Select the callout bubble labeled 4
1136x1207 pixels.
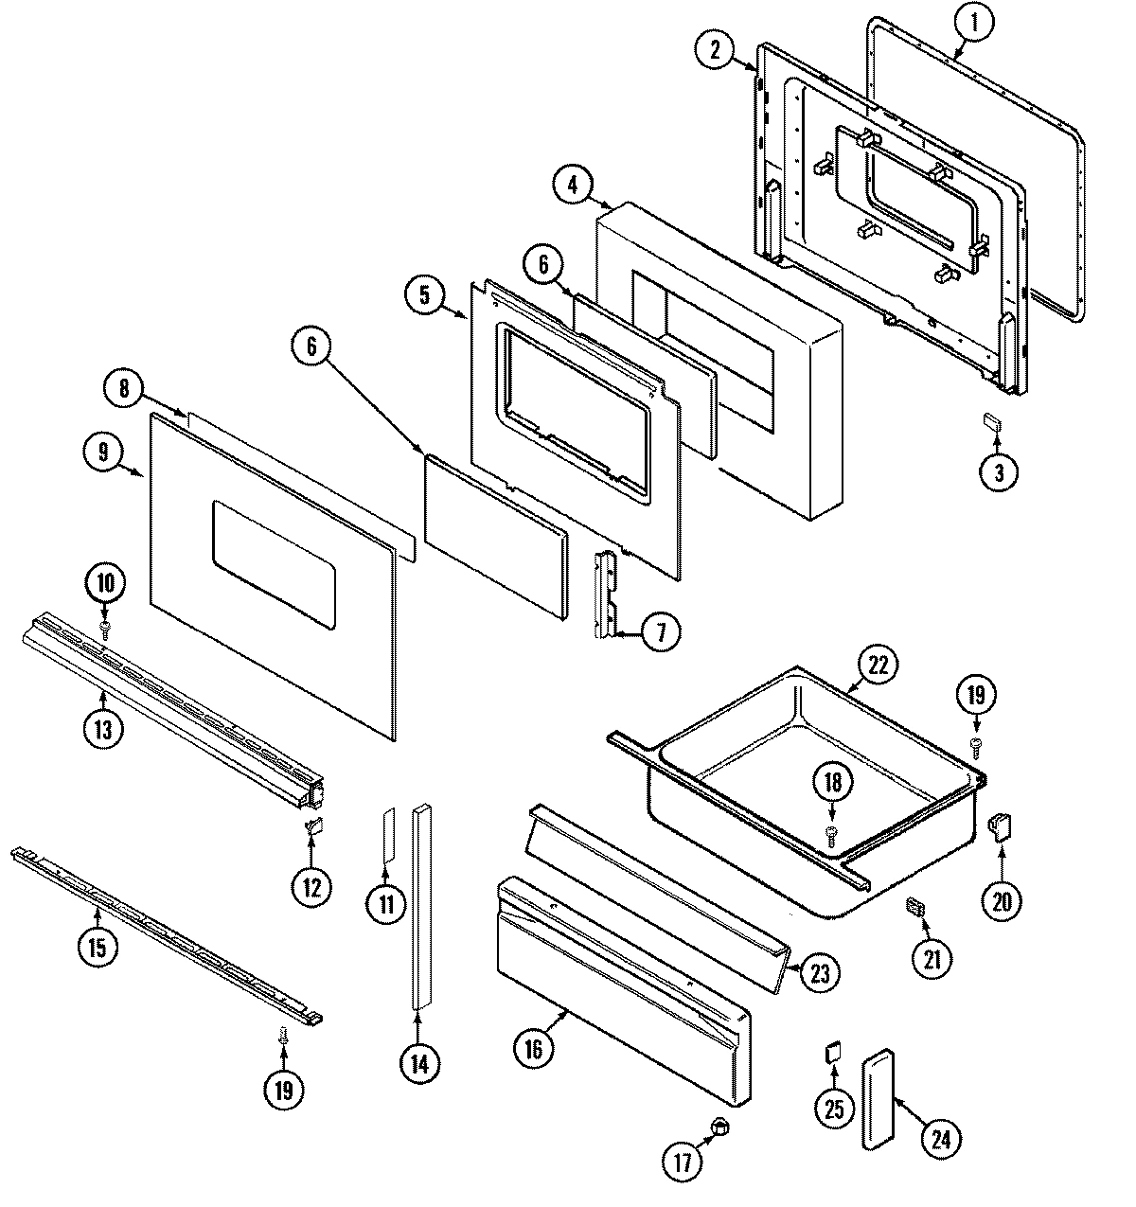pos(574,186)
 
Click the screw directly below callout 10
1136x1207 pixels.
pos(105,627)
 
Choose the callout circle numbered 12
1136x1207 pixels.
pos(311,886)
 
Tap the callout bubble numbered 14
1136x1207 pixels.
pos(419,1063)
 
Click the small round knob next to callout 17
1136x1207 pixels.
pos(720,1126)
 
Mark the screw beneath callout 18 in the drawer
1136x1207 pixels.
pos(832,830)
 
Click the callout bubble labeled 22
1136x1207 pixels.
pos(879,666)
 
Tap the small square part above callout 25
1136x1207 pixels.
pos(833,1052)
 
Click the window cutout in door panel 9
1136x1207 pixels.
pos(274,564)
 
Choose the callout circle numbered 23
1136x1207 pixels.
pos(819,971)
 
